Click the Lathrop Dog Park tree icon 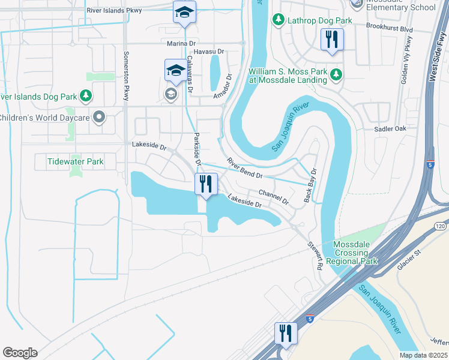pyautogui.click(x=278, y=20)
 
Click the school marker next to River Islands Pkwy pyautogui.click(x=185, y=12)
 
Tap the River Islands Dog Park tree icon pyautogui.click(x=86, y=96)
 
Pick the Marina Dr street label pyautogui.click(x=182, y=44)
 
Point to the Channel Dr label pyautogui.click(x=274, y=196)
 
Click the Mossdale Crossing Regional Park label pyautogui.click(x=356, y=253)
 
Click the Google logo pyautogui.click(x=20, y=353)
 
